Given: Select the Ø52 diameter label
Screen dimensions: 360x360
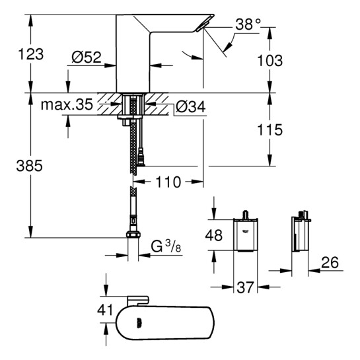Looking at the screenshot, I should click(x=86, y=58).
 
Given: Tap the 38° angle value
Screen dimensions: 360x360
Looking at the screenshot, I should click(x=248, y=25).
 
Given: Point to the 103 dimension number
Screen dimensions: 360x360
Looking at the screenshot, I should click(x=270, y=60).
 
